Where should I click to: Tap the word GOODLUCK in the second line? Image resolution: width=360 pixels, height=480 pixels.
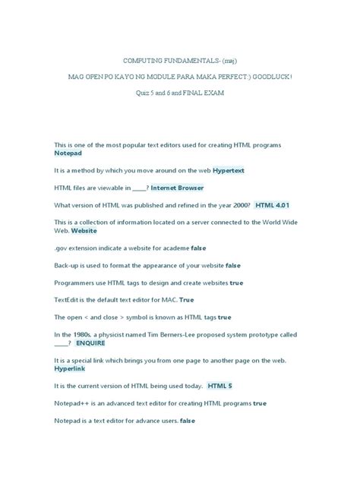tap(268, 76)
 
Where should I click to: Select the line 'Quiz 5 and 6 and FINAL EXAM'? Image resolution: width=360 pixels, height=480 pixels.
tap(180, 93)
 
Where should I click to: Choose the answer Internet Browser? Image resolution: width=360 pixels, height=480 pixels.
tap(177, 188)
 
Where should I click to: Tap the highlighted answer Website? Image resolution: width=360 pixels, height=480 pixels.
tap(84, 230)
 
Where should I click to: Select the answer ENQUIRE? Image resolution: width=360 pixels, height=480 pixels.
tap(91, 343)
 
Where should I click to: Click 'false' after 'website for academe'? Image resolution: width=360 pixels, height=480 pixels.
tap(198, 248)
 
